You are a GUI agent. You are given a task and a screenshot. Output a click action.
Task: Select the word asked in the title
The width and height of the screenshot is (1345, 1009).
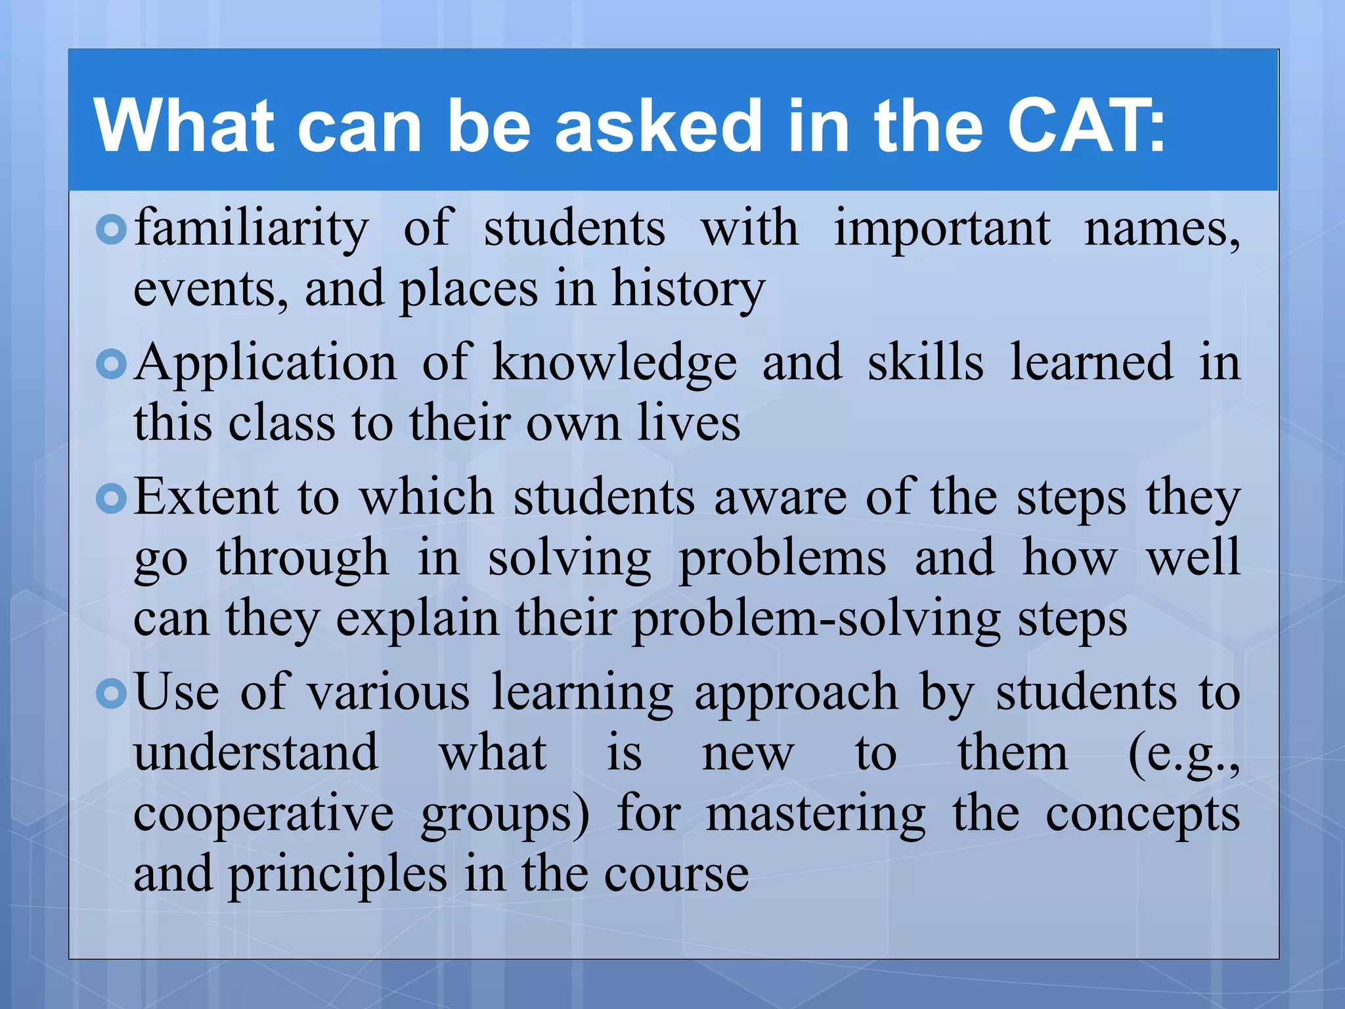click(659, 125)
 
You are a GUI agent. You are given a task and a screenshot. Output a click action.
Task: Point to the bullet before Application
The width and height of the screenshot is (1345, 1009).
click(110, 364)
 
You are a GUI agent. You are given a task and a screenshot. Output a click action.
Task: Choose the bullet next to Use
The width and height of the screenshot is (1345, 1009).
click(110, 694)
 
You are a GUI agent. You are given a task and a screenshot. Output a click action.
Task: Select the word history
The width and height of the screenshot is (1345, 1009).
click(688, 289)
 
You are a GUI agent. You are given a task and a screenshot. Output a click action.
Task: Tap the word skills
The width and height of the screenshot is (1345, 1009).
click(925, 363)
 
